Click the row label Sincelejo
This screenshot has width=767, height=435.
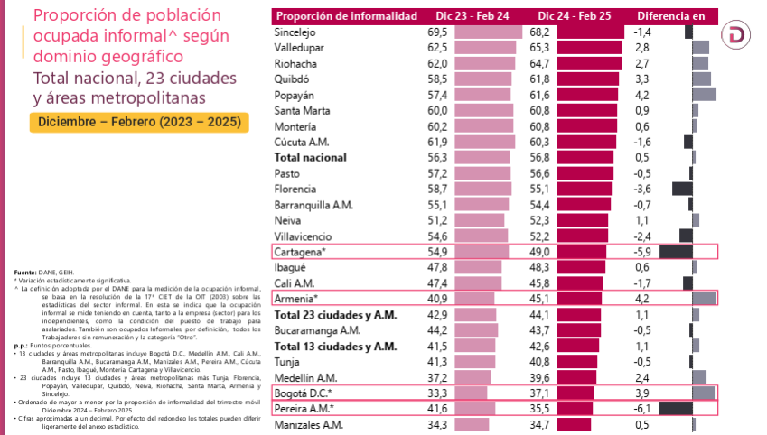tap(297, 32)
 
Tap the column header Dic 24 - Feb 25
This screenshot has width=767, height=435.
tap(574, 16)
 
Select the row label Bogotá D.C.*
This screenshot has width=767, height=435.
tap(304, 393)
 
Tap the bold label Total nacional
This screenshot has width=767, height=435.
tap(312, 157)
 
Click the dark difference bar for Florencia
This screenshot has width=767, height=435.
tap(682, 189)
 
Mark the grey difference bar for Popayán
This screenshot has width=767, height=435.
tap(704, 94)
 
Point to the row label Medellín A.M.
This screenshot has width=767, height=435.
tap(307, 376)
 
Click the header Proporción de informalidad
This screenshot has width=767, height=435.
tap(347, 16)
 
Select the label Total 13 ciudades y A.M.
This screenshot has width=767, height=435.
tap(335, 346)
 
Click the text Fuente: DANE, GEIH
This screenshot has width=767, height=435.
tap(38, 272)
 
